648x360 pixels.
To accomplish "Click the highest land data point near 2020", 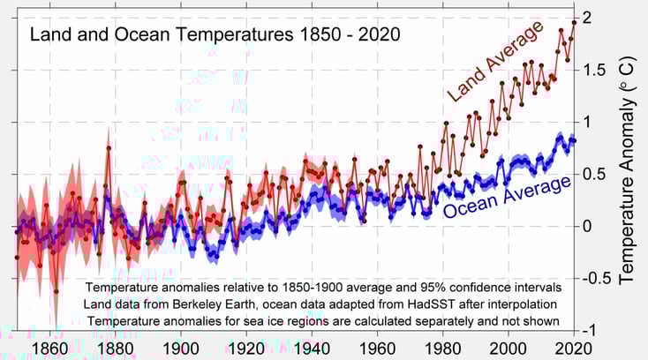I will click(x=574, y=22).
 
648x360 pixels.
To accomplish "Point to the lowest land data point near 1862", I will click(x=56, y=291).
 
